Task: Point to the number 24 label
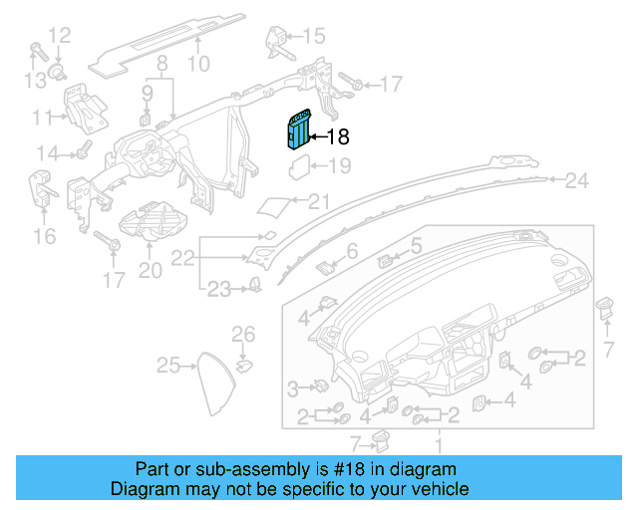[x=577, y=181]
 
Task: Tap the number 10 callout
[x=198, y=66]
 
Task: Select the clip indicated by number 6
[x=325, y=265]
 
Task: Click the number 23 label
[x=218, y=290]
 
